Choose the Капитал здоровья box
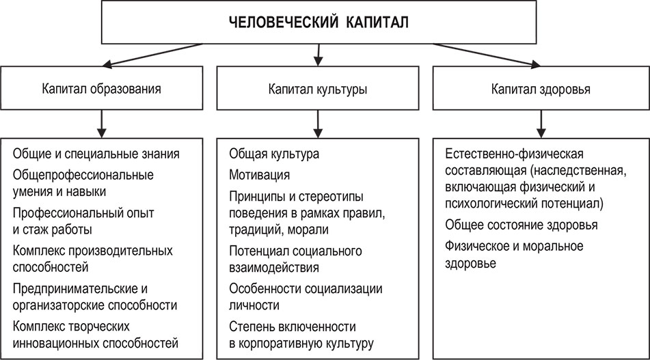[541, 89]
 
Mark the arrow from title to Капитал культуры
[316, 53]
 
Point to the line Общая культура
[274, 154]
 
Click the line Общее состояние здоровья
[521, 225]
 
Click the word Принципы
[254, 197]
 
